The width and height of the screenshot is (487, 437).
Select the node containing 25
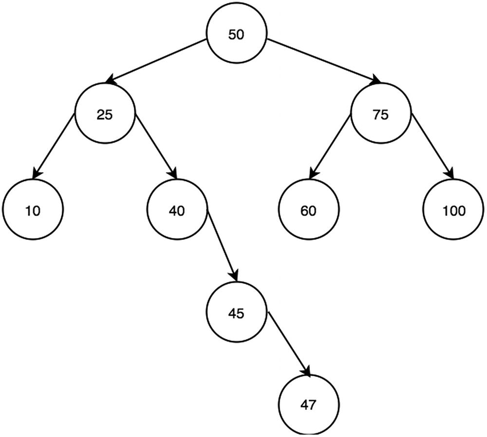click(x=105, y=115)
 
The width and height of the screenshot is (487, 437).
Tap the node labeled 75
click(x=380, y=115)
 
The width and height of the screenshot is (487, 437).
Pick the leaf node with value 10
click(x=33, y=211)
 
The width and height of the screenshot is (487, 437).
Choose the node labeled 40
click(x=177, y=211)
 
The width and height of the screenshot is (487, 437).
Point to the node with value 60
click(x=309, y=211)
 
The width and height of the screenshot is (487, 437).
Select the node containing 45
click(x=237, y=312)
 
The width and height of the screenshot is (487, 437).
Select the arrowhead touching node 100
click(x=450, y=175)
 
